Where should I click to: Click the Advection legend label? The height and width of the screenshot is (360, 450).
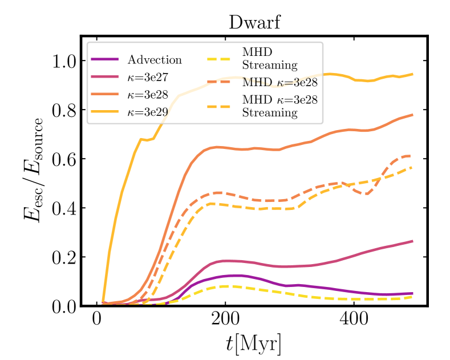155,60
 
